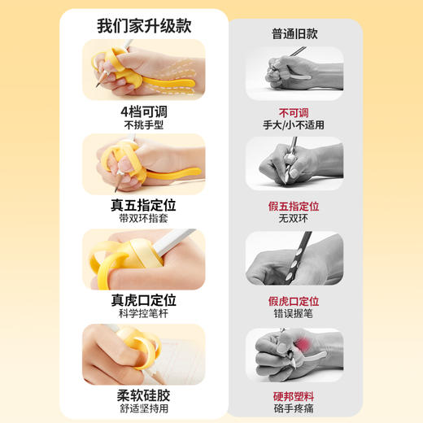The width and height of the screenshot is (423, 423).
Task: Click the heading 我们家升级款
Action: point(143,25)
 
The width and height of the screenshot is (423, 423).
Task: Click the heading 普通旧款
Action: point(294,33)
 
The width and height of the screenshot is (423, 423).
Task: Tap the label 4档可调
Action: point(144,111)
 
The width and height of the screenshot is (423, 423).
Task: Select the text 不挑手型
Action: point(144,126)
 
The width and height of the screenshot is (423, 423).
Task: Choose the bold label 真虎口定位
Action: point(144,300)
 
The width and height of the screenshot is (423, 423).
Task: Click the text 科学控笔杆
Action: point(144,315)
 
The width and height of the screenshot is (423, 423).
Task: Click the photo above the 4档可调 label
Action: point(144,70)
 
